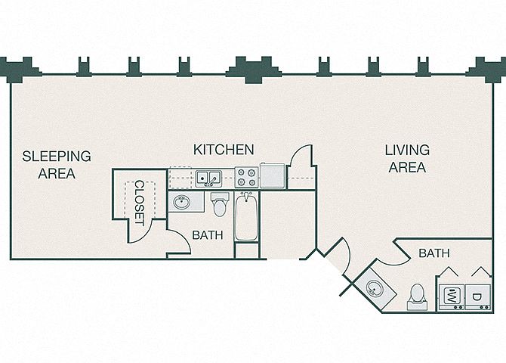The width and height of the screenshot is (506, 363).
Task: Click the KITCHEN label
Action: pyautogui.click(x=224, y=150)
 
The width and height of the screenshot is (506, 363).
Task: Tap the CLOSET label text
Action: pyautogui.click(x=140, y=203)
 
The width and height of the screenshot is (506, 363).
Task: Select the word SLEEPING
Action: pyautogui.click(x=57, y=156)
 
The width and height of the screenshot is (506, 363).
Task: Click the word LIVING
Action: pyautogui.click(x=407, y=150)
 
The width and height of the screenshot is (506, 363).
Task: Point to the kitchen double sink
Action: pyautogui.click(x=208, y=178)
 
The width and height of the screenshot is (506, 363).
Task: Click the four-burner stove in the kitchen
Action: pyautogui.click(x=246, y=178)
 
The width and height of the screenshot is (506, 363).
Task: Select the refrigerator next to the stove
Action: pyautogui.click(x=273, y=176)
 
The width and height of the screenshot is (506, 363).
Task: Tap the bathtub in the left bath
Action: pyautogui.click(x=246, y=216)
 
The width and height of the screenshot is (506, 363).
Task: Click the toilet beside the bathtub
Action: pyautogui.click(x=220, y=204)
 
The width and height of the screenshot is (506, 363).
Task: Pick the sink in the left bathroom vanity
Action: pyautogui.click(x=182, y=202)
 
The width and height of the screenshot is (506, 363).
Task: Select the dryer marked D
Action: pyautogui.click(x=478, y=297)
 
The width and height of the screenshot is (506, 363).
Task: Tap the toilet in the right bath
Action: pyautogui.click(x=417, y=296)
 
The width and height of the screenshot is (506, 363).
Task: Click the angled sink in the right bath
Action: pyautogui.click(x=375, y=288)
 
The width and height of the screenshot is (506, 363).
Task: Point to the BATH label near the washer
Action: pyautogui.click(x=434, y=253)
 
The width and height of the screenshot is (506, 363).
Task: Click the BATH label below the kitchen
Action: pyautogui.click(x=208, y=235)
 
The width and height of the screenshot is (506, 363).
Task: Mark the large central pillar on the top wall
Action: pyautogui.click(x=253, y=69)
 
